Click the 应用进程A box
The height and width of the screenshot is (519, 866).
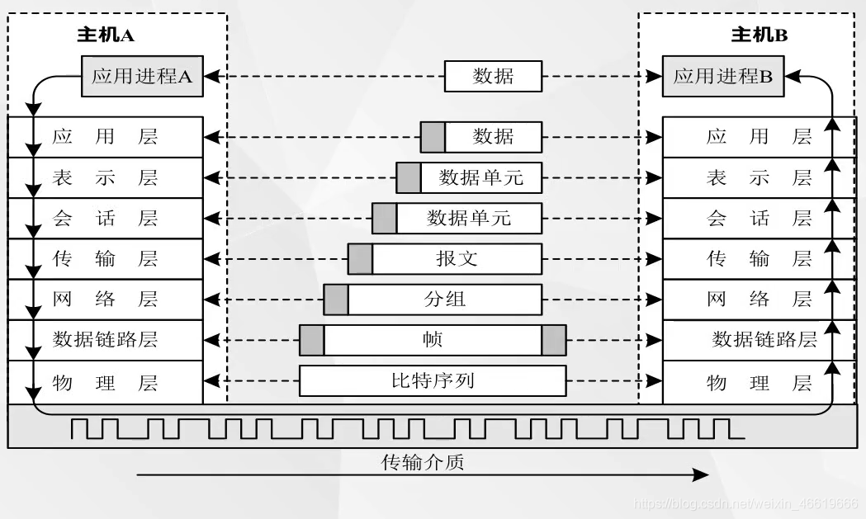coord(142,77)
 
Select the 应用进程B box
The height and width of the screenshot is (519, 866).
coord(722,77)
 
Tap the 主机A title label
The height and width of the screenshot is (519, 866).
coord(106,35)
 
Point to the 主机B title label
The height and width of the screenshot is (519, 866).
coord(760,35)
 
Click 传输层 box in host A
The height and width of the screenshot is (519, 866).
coord(105,259)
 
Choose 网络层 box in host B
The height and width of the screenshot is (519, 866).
coord(759,299)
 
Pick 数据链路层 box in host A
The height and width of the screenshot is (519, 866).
coord(105,340)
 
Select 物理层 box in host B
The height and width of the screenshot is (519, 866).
coord(759,383)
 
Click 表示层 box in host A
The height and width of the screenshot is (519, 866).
coord(105,178)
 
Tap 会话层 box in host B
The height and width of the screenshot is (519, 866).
coord(759,219)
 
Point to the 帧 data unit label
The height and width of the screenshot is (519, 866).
coord(433,340)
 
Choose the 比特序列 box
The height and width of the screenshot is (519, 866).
coord(433,381)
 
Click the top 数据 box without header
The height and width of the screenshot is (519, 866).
coord(493,77)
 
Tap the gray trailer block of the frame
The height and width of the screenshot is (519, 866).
coord(554,340)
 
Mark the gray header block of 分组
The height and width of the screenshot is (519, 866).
coord(335,299)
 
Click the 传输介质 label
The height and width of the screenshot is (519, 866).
coord(423,462)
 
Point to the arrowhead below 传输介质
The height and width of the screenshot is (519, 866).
coord(702,474)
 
